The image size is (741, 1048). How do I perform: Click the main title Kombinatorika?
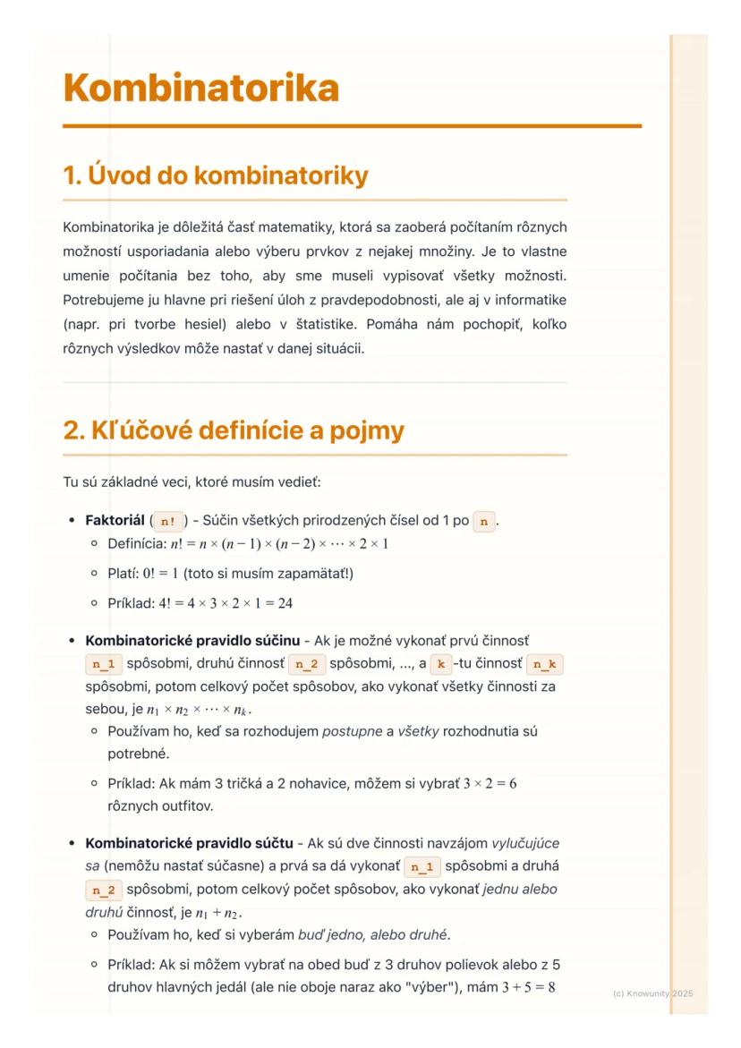200,89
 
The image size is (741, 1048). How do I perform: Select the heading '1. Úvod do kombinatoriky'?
215,176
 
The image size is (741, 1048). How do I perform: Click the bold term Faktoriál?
115,520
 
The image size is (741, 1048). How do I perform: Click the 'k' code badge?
439,665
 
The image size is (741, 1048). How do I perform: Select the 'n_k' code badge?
544,665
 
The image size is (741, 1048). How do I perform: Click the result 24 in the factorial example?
284,602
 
